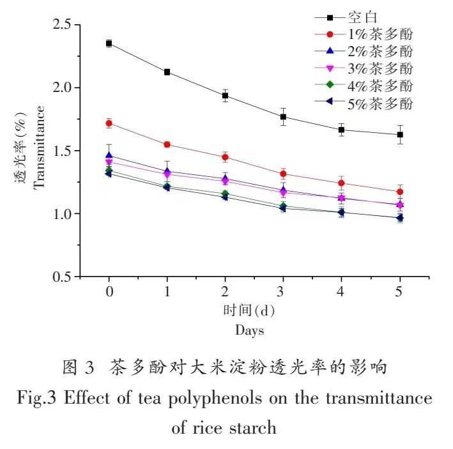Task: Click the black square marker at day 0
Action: tap(109, 43)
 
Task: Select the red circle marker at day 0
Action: tap(109, 123)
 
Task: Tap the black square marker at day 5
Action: tap(400, 135)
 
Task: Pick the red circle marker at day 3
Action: tap(284, 174)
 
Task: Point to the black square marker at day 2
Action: tap(226, 96)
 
